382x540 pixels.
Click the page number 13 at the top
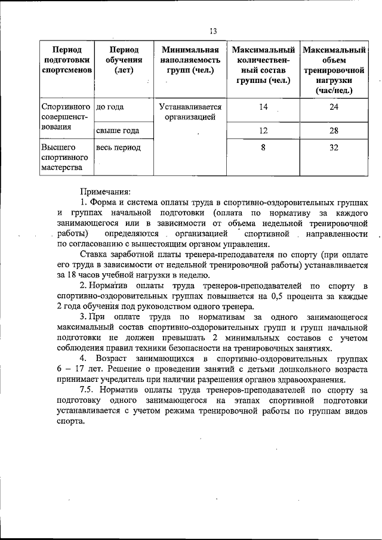[x=213, y=30]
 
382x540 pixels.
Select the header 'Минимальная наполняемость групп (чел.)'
[x=190, y=60]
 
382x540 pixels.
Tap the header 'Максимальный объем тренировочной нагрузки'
[x=334, y=70]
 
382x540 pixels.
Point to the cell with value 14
[x=263, y=107]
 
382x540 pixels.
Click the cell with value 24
[x=334, y=107]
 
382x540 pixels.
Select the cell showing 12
[x=263, y=131]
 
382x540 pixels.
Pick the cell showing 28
[x=334, y=131]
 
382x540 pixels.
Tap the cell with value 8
[x=263, y=147]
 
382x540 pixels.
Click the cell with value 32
[x=334, y=147]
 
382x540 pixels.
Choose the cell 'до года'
[x=110, y=107]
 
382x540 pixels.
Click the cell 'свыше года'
[x=118, y=131]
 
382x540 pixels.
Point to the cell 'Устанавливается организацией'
[x=190, y=112]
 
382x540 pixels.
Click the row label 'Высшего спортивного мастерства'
[x=65, y=158]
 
